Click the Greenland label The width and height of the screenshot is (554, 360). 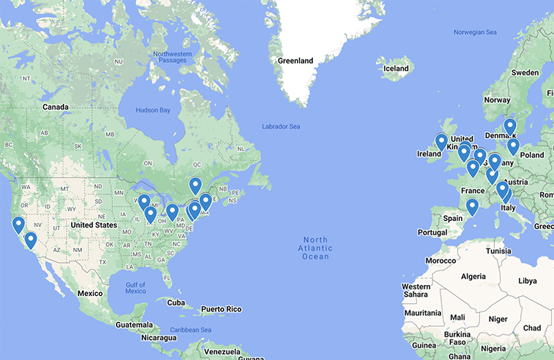tap(295, 61)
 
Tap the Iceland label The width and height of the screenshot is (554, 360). tap(396, 69)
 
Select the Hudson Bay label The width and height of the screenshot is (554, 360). tap(153, 110)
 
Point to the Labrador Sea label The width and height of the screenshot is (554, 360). tap(281, 127)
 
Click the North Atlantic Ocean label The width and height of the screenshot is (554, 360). tap(315, 248)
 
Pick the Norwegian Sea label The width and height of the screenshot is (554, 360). tap(475, 32)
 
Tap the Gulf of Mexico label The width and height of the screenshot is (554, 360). tap(135, 287)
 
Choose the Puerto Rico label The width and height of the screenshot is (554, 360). tap(221, 309)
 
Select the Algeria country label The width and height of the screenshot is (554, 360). tap(473, 276)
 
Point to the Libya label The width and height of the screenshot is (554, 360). tap(527, 280)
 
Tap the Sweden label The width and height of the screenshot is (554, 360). tap(525, 73)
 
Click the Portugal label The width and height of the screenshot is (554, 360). tap(432, 233)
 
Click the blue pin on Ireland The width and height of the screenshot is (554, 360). tap(441, 141)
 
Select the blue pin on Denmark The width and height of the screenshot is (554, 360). tap(510, 127)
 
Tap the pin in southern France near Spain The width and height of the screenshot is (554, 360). tap(472, 207)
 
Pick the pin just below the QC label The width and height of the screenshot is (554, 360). tap(195, 186)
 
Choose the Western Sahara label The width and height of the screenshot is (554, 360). tap(416, 291)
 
